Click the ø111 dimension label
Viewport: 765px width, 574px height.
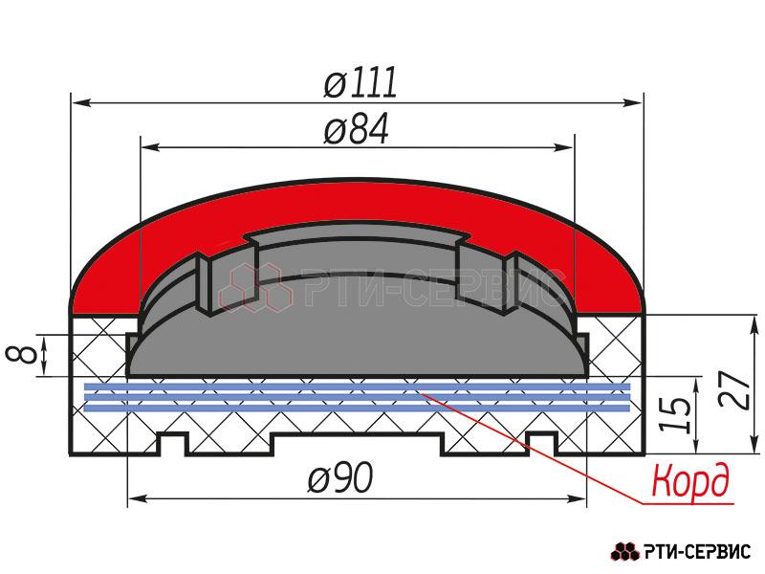pyautogui.click(x=361, y=82)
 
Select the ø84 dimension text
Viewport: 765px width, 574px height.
pyautogui.click(x=357, y=129)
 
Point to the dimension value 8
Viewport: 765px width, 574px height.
pyautogui.click(x=22, y=354)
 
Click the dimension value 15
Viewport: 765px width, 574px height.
pyautogui.click(x=676, y=414)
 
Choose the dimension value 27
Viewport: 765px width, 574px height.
pyautogui.click(x=734, y=390)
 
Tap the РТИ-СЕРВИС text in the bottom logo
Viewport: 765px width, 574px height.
pyautogui.click(x=697, y=552)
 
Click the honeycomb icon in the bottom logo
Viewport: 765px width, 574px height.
pyautogui.click(x=625, y=552)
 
